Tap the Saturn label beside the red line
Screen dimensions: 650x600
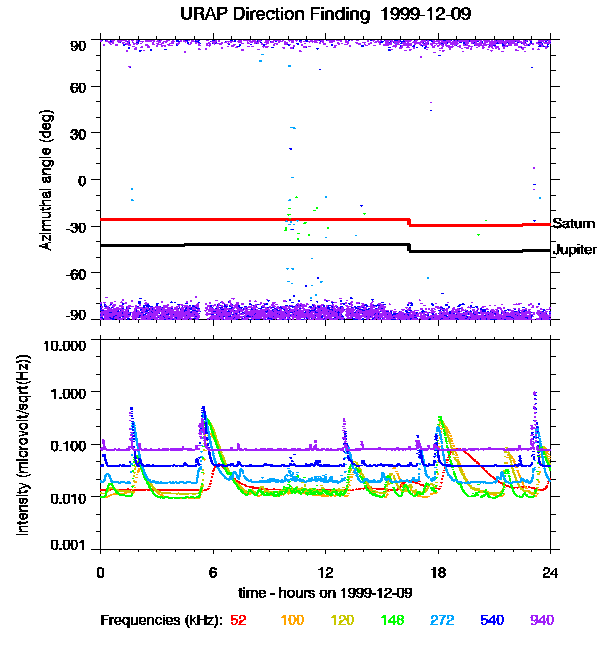pyautogui.click(x=574, y=223)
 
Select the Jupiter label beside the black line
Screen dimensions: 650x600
pyautogui.click(x=575, y=250)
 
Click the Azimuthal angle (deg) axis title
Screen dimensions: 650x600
pyautogui.click(x=45, y=180)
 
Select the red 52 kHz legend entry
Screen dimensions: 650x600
pyautogui.click(x=239, y=620)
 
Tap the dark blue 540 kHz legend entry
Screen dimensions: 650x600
pyautogui.click(x=492, y=620)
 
